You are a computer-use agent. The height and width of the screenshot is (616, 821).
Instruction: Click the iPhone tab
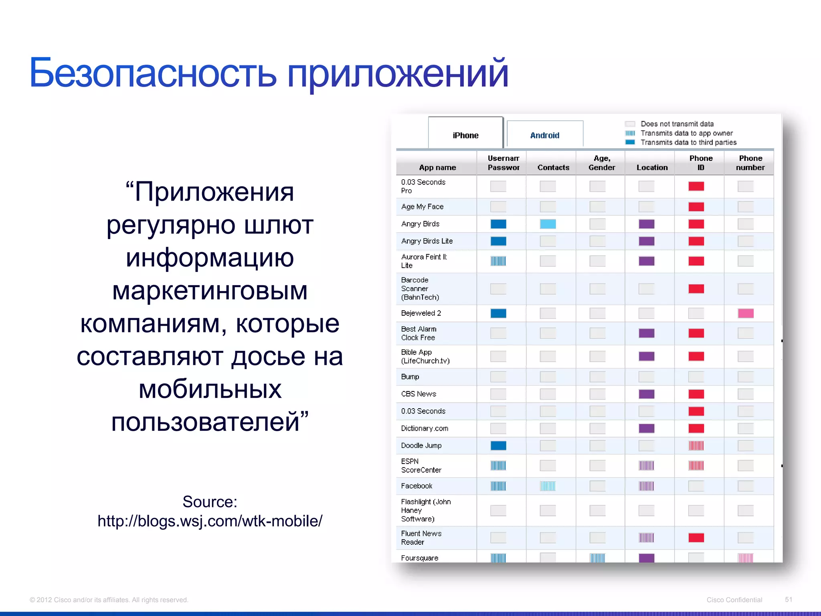465,135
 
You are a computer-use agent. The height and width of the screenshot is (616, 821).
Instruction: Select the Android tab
544,135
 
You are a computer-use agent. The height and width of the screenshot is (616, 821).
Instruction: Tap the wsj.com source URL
210,521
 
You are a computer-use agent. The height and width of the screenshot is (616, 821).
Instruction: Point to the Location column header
652,167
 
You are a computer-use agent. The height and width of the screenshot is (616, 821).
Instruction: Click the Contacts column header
553,167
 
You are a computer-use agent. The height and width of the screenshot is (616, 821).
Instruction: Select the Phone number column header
750,163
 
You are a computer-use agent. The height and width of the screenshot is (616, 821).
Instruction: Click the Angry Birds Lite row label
427,241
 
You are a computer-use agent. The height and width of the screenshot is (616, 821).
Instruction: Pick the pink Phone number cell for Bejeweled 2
746,313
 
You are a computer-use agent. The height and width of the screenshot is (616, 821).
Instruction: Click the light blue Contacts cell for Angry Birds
548,224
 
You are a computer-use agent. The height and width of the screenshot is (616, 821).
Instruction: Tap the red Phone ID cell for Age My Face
696,207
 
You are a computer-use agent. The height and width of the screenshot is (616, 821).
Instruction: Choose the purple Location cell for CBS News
646,394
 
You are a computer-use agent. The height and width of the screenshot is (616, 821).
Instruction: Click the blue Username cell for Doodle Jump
498,446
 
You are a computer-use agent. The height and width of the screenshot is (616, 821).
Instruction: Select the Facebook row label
417,486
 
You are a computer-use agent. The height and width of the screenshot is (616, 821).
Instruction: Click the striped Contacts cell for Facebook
548,486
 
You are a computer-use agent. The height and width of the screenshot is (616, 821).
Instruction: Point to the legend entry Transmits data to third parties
688,142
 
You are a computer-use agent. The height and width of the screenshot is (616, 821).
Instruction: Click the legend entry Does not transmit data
677,124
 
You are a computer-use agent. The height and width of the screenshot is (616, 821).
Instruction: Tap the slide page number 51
788,600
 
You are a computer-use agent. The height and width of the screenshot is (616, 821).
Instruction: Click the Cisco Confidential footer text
734,600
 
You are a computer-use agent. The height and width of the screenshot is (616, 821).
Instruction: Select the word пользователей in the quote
205,422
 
